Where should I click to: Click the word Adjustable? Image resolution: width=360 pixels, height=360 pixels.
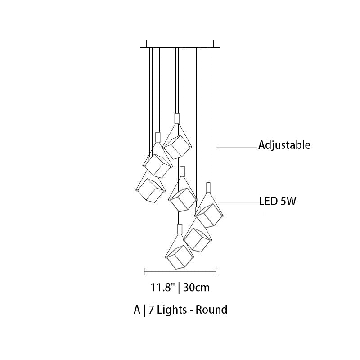coord(284,145)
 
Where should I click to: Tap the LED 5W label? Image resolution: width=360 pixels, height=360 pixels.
coord(278,201)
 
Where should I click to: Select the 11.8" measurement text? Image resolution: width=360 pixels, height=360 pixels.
coord(162,287)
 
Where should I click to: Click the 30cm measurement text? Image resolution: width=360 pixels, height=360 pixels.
coord(197,287)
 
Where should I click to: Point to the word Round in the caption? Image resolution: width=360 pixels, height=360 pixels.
coord(211,310)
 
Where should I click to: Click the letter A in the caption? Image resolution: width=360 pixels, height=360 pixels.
coord(137,310)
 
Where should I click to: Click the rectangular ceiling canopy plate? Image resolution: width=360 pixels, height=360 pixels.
coord(180,43)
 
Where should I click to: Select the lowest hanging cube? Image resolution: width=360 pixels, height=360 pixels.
coord(180,257)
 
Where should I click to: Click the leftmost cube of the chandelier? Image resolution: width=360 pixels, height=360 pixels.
coord(150,190)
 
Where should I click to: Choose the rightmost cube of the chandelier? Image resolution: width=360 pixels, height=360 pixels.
coord(209,216)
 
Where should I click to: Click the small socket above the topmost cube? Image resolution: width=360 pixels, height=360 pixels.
coord(177,118)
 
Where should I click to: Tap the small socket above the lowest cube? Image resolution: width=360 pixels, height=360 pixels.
coord(180,229)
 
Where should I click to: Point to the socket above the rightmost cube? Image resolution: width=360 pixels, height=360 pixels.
coord(208,188)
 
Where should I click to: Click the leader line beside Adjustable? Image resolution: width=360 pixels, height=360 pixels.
coord(237,148)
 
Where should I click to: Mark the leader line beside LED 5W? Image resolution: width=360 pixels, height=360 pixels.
coord(239,203)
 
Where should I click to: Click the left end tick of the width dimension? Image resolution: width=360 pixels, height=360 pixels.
coord(144,272)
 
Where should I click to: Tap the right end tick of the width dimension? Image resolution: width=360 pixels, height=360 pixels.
coord(216,272)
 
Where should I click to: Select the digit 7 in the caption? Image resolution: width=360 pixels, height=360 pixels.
coord(151,310)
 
